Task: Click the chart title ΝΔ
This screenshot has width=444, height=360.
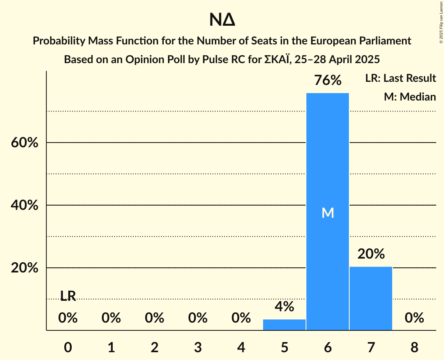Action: [x=222, y=20]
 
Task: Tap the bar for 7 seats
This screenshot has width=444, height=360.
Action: [x=371, y=298]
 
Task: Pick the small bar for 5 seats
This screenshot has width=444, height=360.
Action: [x=284, y=325]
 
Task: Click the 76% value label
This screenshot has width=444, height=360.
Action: [x=328, y=81]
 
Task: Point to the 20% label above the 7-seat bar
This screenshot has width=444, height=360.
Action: [x=371, y=254]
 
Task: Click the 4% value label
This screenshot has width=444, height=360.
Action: [x=284, y=307]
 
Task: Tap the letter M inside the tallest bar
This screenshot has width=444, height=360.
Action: [x=328, y=213]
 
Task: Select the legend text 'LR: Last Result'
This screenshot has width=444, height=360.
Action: [x=400, y=78]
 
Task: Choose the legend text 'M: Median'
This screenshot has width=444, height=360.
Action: [x=410, y=97]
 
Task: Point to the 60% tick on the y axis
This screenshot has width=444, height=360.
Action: [x=25, y=143]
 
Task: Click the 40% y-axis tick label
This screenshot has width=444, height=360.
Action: [x=25, y=205]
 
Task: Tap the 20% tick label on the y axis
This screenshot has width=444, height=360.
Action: [x=25, y=268]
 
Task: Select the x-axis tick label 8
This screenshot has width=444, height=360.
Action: [x=414, y=347]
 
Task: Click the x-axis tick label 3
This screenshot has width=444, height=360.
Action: [x=198, y=347]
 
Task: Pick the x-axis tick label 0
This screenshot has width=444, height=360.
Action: [x=68, y=347]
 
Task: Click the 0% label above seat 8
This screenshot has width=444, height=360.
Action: [x=414, y=318]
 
